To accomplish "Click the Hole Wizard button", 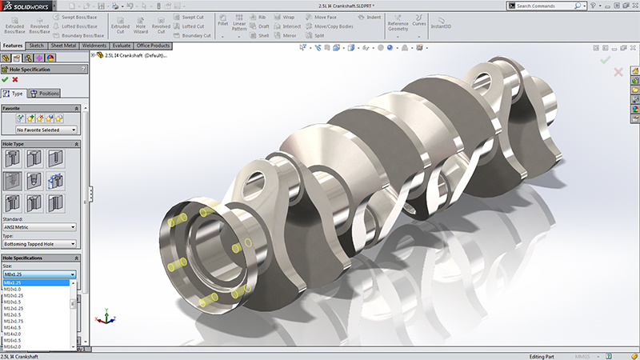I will [x=141, y=24].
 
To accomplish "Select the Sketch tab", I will [x=37, y=46].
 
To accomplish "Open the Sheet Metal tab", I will [x=66, y=46].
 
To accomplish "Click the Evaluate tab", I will [x=122, y=46].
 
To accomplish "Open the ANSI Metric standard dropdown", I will [x=40, y=226].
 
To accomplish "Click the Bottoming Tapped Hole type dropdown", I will [x=40, y=245].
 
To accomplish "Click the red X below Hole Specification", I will [x=15, y=80].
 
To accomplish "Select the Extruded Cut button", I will [x=120, y=24].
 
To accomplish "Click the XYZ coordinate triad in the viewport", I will [x=102, y=317].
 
